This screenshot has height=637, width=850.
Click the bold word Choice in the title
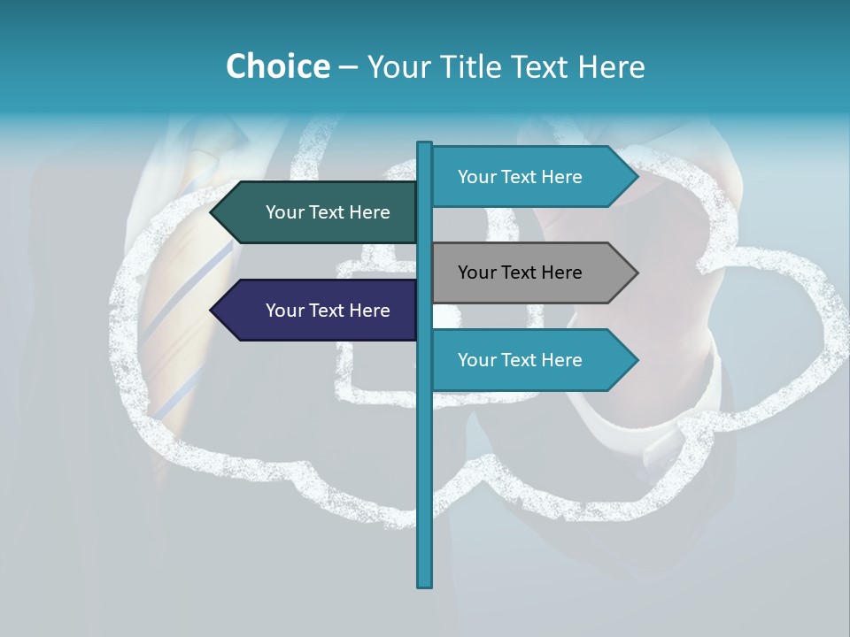(x=277, y=66)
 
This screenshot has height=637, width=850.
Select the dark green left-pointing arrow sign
(x=314, y=212)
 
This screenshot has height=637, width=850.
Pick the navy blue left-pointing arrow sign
(x=314, y=311)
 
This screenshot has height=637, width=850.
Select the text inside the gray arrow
(x=520, y=272)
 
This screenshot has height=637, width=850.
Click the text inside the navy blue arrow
(x=328, y=311)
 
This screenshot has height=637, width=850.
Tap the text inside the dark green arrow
(x=328, y=212)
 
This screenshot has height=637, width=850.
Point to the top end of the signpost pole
(x=425, y=144)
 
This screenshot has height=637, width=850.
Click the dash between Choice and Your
(x=348, y=68)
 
